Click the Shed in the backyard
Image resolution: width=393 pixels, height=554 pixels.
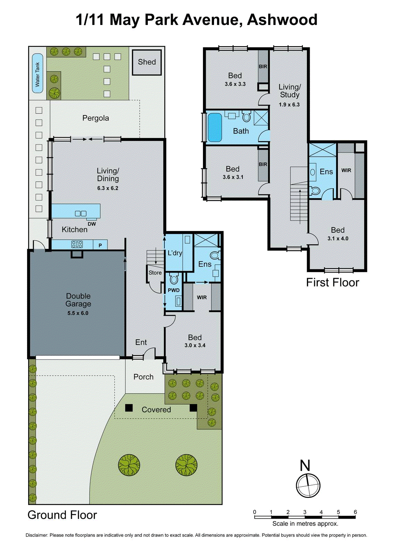point(147,62)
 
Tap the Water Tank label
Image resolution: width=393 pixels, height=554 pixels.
point(37,74)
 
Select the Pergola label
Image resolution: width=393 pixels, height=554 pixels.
point(95,118)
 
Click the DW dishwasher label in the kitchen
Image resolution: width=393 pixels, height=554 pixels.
point(92,224)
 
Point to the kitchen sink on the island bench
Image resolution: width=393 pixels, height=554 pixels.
point(80,214)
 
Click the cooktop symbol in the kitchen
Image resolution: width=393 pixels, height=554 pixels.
point(77,244)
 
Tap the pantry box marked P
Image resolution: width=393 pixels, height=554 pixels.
point(100,245)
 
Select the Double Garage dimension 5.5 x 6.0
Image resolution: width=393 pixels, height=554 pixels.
point(78,313)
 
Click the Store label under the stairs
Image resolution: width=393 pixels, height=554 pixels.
point(155,273)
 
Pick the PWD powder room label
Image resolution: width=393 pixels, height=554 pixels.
point(174,290)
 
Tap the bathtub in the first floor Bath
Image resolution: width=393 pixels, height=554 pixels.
point(215,127)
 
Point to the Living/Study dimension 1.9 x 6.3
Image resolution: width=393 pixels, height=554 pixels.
point(289,105)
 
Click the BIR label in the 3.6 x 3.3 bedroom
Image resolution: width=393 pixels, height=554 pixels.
point(263,66)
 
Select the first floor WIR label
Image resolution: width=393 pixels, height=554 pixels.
point(346,170)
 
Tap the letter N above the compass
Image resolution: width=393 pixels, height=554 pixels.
point(305,466)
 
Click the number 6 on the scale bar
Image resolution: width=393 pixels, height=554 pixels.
point(355,512)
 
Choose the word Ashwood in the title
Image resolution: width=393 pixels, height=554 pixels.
point(282,20)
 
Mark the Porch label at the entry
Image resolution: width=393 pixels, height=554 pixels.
point(143,377)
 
